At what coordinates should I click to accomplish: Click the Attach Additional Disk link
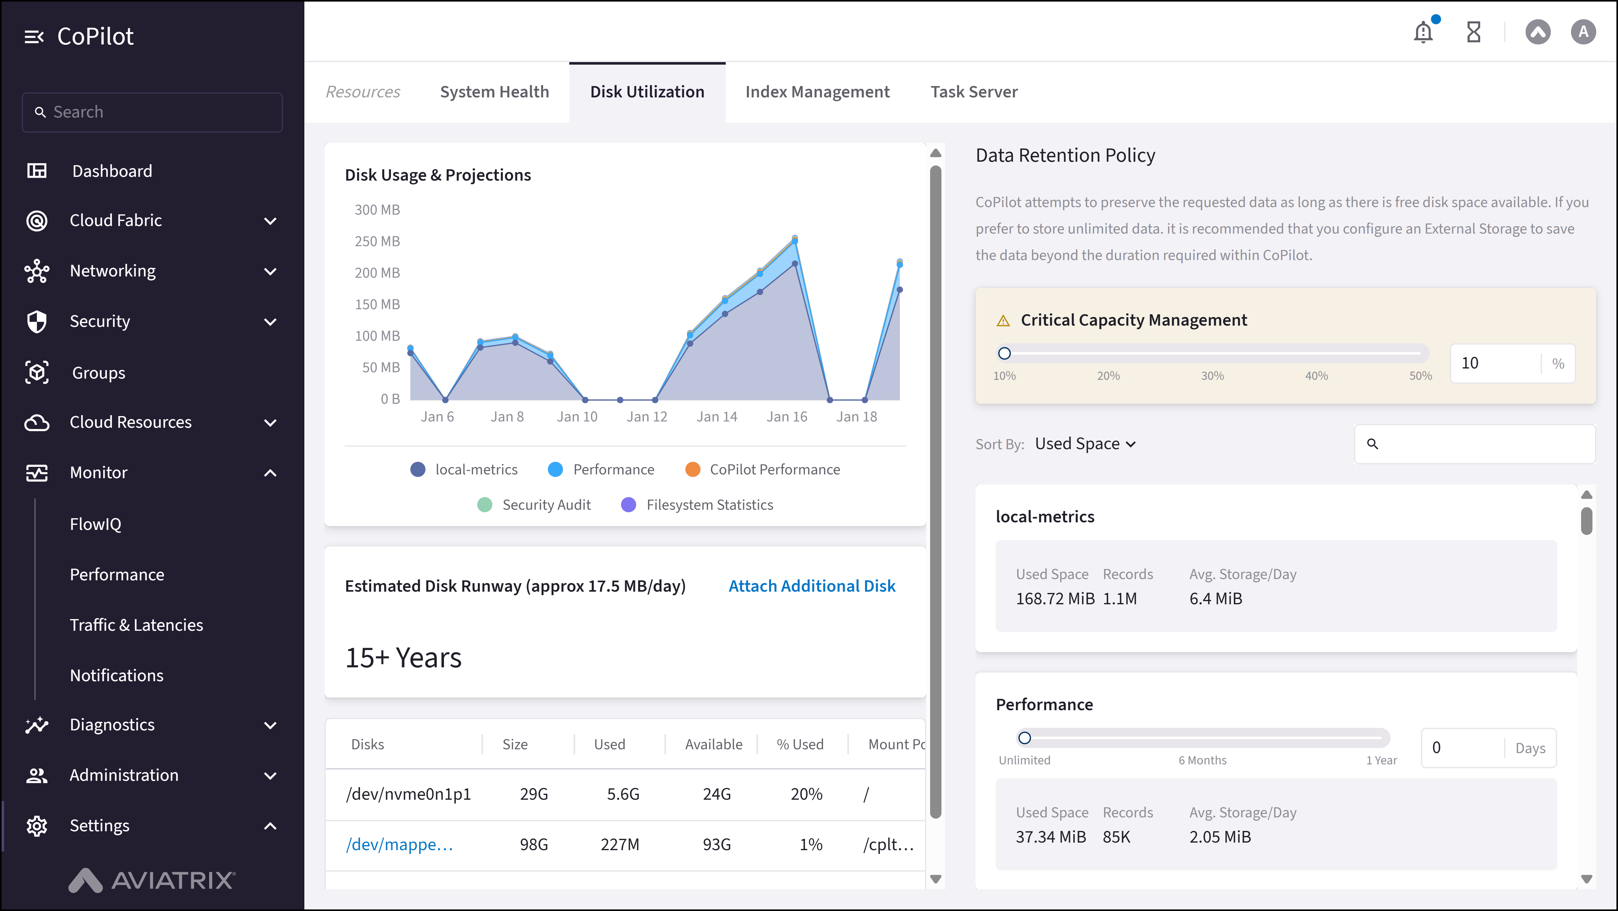coord(812,586)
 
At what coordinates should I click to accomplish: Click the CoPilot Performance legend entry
coord(763,470)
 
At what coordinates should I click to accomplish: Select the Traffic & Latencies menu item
coord(136,625)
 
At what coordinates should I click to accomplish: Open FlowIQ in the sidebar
coord(96,524)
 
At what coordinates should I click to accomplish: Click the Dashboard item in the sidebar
coord(112,171)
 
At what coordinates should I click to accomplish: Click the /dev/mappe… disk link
coord(400,844)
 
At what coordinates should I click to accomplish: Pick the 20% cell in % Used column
coord(806,794)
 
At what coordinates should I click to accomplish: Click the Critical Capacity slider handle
coord(1004,353)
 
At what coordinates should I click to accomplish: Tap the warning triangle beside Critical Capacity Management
coord(1003,321)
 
